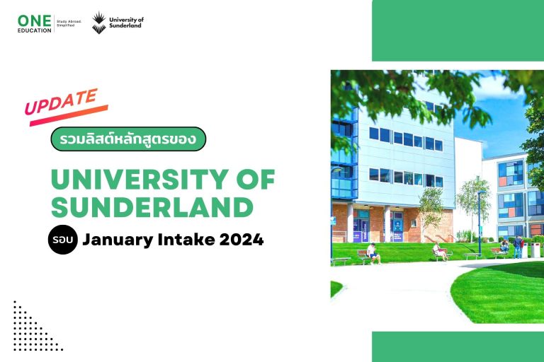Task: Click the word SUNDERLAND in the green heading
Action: [x=152, y=208]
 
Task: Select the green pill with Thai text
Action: [x=128, y=139]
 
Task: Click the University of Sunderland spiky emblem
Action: [x=100, y=22]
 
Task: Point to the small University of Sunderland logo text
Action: [x=127, y=23]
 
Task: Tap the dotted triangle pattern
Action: [x=32, y=327]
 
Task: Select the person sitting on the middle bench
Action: [x=439, y=250]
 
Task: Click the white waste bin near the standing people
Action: [x=535, y=250]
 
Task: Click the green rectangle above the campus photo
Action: [x=458, y=30]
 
